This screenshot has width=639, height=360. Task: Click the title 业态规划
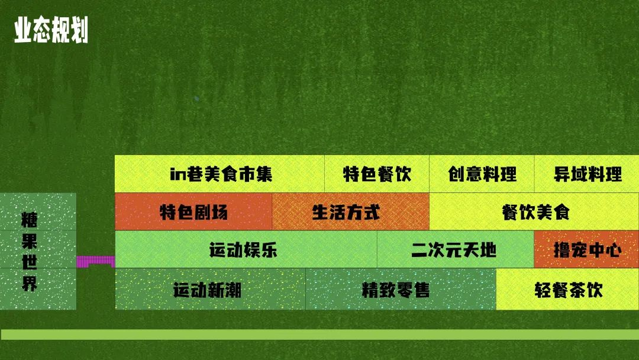[51, 30]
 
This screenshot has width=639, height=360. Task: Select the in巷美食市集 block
[220, 173]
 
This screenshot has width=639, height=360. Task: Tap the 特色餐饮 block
[377, 173]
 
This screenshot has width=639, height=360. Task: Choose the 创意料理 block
[482, 173]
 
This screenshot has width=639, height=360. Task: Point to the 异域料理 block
[587, 173]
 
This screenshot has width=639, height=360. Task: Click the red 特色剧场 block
[193, 211]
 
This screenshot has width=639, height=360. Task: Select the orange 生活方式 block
[350, 211]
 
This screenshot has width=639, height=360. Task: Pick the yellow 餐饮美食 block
[534, 211]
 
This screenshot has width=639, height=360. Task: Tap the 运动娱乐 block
[246, 249]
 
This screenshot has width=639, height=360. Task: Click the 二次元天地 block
[456, 249]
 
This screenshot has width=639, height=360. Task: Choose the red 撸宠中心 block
[586, 249]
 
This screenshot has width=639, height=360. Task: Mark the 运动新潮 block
[210, 289]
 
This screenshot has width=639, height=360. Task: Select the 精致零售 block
[401, 289]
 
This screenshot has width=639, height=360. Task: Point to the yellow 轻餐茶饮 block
[567, 289]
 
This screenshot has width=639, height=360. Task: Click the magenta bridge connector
[96, 262]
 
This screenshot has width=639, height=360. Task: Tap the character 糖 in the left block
[30, 220]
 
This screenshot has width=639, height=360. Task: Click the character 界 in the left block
[30, 283]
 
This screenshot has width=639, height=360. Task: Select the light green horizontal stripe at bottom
[319, 335]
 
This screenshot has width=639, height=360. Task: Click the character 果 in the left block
[30, 241]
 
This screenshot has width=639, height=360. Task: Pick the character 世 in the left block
[30, 262]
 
